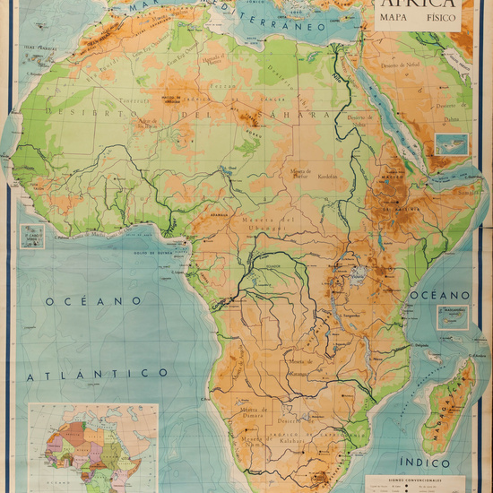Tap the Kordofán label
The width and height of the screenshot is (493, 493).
tap(326, 176)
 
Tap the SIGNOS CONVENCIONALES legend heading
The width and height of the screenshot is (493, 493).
tap(426, 478)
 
